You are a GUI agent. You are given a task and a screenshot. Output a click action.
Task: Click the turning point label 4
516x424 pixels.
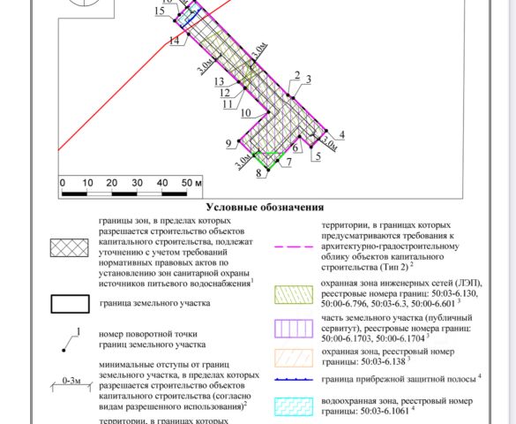[x=342, y=134]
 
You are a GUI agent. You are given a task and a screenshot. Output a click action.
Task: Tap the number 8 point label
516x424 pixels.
[x=259, y=173]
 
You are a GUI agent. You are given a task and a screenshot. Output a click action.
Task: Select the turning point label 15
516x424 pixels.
[x=160, y=11]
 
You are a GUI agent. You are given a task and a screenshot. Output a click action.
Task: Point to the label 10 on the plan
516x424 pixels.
[x=246, y=113]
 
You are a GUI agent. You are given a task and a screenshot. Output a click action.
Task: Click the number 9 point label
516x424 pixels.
[x=228, y=144]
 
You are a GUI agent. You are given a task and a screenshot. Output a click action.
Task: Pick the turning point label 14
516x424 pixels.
[x=175, y=42]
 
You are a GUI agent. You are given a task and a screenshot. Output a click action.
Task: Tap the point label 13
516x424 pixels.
[x=219, y=81]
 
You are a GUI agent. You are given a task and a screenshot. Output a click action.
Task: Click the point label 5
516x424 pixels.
[x=318, y=156]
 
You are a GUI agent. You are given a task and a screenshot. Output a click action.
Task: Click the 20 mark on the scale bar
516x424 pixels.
[x=112, y=183]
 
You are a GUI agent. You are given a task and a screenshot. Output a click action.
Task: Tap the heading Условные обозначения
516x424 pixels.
[x=265, y=208]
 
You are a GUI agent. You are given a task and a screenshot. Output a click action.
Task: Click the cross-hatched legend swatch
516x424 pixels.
[x=70, y=248]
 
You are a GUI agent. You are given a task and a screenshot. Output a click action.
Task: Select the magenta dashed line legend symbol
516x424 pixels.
[x=294, y=246]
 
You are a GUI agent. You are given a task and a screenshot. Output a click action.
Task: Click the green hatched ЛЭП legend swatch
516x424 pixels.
[x=294, y=294]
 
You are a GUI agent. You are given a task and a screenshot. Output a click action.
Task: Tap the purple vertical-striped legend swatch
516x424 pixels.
[x=294, y=329]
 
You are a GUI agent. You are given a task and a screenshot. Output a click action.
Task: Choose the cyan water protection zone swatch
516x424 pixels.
[x=294, y=406]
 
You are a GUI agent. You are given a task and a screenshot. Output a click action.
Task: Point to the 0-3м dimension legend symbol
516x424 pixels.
[x=71, y=385]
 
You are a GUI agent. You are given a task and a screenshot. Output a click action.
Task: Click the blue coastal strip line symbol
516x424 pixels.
[x=294, y=380]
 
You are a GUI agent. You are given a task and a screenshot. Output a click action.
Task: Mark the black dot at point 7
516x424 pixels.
[x=278, y=161]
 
